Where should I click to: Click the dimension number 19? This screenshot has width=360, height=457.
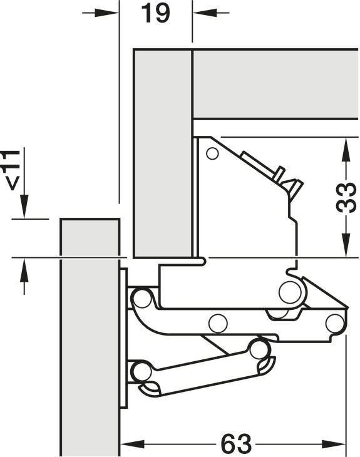point(155,13)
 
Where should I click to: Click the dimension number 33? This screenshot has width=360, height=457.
point(346,198)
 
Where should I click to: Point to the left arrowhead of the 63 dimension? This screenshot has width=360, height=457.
point(132,444)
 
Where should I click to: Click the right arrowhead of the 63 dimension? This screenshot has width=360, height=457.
point(334,444)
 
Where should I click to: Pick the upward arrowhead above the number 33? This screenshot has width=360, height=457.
point(346,149)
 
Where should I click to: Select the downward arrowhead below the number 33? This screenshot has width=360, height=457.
point(346,245)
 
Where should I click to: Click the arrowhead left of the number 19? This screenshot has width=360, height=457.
point(107,13)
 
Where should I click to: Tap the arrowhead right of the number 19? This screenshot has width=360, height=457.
point(205,13)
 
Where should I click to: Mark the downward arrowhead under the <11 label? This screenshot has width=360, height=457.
point(24,207)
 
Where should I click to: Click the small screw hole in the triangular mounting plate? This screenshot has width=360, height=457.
point(212,153)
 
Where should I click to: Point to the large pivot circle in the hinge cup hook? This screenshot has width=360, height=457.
point(290,292)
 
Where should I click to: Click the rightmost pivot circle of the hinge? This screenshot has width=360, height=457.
point(334,323)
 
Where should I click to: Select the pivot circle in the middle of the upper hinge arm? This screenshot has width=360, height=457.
point(218,324)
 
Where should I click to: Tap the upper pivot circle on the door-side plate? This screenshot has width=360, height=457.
point(142,299)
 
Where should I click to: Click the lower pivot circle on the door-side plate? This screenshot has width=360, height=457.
point(141,372)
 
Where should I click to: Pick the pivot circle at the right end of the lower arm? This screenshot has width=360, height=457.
point(258,349)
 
